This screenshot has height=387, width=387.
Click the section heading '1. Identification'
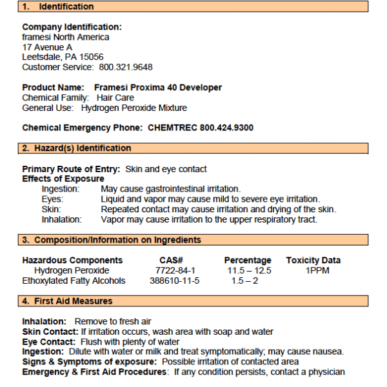tap(57, 7)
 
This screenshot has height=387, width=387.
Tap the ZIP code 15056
tap(90, 57)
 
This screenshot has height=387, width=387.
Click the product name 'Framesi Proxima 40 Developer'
tap(158, 88)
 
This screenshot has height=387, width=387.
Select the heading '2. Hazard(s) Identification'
tap(77, 148)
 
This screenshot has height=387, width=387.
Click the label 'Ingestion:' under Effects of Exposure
tap(61, 189)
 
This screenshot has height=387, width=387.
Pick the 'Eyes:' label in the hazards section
tap(53, 199)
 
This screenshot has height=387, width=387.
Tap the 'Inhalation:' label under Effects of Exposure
tap(62, 219)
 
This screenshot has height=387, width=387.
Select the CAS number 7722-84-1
tap(175, 271)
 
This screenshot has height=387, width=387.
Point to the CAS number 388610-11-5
tap(175, 281)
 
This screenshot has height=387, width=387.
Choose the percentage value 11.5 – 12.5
tap(249, 271)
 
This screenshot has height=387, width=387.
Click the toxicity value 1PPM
tap(317, 271)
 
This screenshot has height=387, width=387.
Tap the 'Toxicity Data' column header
tap(313, 261)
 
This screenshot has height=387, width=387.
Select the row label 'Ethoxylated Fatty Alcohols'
tap(74, 281)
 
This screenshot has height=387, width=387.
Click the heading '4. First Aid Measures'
tap(67, 301)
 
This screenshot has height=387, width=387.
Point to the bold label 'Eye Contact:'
tap(50, 342)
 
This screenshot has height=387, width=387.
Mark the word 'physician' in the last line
tap(327, 372)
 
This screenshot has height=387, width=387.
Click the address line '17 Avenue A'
tap(47, 47)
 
